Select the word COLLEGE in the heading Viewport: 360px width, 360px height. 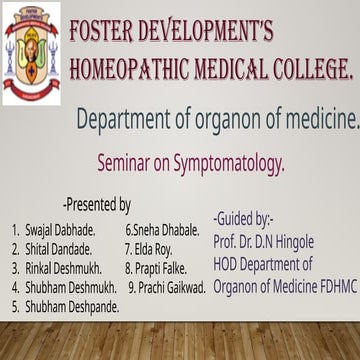coord(308,69)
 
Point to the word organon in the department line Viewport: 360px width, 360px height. coord(227,119)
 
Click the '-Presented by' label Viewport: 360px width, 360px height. coord(96,205)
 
